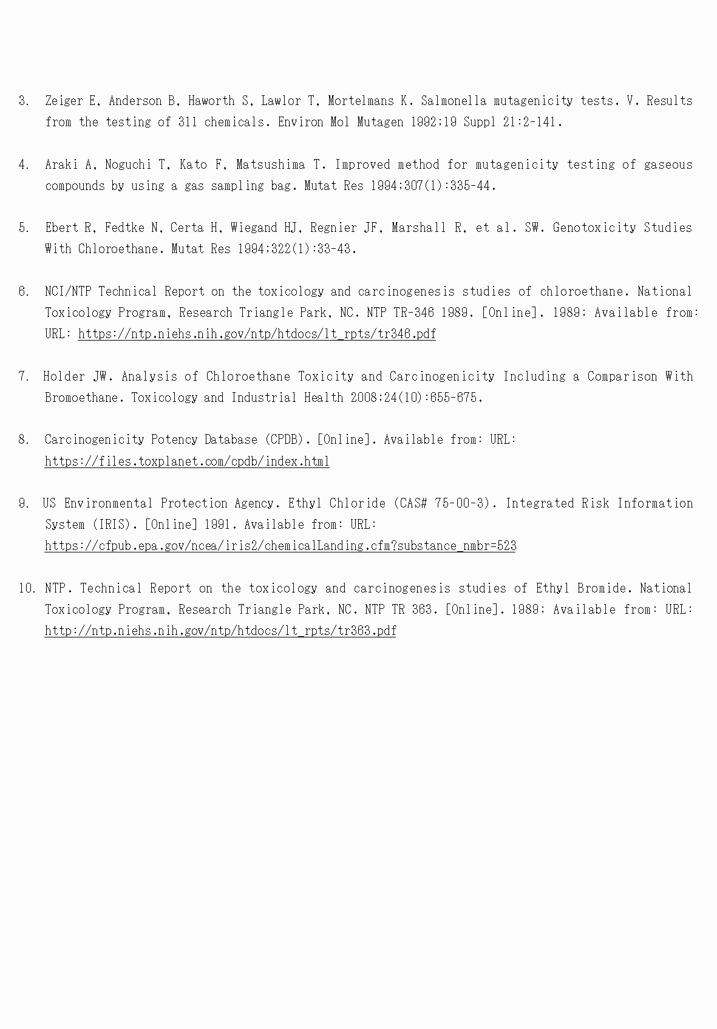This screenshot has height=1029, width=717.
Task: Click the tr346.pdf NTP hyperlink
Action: point(256,334)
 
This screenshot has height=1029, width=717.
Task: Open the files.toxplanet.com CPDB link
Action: point(187,461)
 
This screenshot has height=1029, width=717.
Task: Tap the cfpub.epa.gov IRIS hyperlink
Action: point(280,546)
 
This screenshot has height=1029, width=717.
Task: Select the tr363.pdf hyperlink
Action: point(220,631)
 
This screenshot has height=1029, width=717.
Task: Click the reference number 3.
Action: point(24,101)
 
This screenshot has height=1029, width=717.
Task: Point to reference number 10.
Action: point(27,588)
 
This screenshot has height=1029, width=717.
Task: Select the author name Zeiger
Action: point(64,101)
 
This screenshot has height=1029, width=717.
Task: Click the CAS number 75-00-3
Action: point(461,503)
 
